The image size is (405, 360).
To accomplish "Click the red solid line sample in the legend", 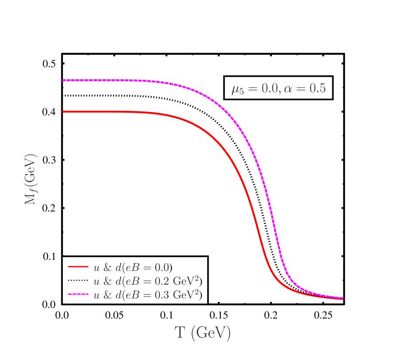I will pyautogui.click(x=78, y=267).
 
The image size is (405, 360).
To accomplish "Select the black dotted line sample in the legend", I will pyautogui.click(x=78, y=281).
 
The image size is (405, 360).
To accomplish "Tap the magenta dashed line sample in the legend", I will pyautogui.click(x=78, y=294).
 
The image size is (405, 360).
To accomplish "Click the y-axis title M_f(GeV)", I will pyautogui.click(x=30, y=180).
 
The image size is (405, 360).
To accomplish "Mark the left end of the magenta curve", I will pyautogui.click(x=63, y=80).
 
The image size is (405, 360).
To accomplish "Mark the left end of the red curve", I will pyautogui.click(x=63, y=112).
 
